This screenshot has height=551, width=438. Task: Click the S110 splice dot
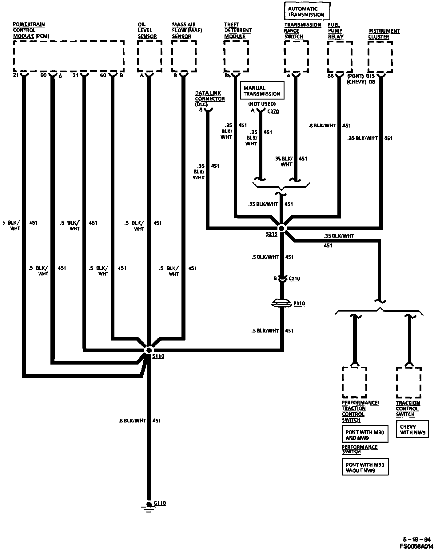(x=149, y=350)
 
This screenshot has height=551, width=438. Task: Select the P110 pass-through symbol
(x=282, y=303)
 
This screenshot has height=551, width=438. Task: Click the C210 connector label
(x=294, y=279)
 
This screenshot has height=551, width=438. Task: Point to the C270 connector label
(x=273, y=112)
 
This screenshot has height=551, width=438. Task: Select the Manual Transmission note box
(x=262, y=91)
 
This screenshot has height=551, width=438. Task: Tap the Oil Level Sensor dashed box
(x=149, y=56)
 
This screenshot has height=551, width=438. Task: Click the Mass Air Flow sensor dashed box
(x=184, y=56)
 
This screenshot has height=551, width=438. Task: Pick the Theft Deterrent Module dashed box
(x=236, y=56)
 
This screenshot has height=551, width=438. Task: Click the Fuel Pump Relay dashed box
(x=340, y=56)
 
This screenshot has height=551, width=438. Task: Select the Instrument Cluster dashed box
(x=380, y=57)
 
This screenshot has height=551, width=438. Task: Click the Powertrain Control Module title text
(x=31, y=30)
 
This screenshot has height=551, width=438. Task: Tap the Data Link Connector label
(x=210, y=99)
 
